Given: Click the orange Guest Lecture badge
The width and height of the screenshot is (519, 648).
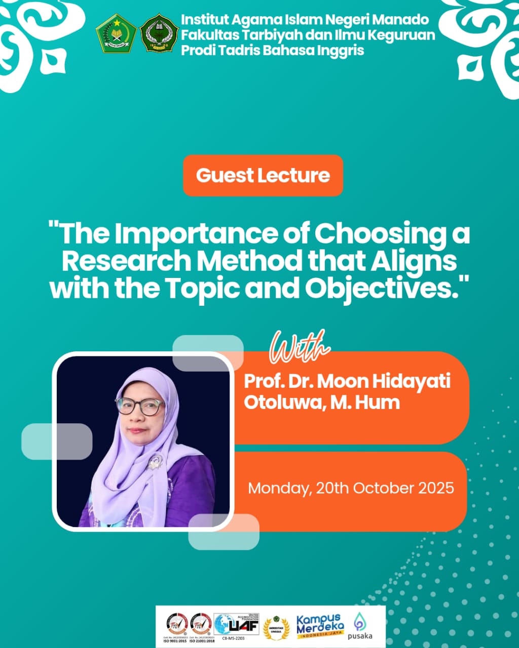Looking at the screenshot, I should [x=263, y=175].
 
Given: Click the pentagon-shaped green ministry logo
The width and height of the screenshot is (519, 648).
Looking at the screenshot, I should [x=116, y=33].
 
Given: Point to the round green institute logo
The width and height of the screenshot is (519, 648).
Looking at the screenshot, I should [x=158, y=33].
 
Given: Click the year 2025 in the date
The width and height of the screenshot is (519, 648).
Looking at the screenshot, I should [x=436, y=488].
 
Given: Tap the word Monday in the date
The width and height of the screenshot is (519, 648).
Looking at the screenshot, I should [x=278, y=489].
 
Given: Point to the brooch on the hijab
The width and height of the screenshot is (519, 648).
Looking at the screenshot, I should [x=155, y=461].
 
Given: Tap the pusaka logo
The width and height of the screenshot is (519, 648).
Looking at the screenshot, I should [x=360, y=626].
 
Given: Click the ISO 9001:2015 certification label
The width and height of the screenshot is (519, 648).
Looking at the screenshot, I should [x=175, y=641].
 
